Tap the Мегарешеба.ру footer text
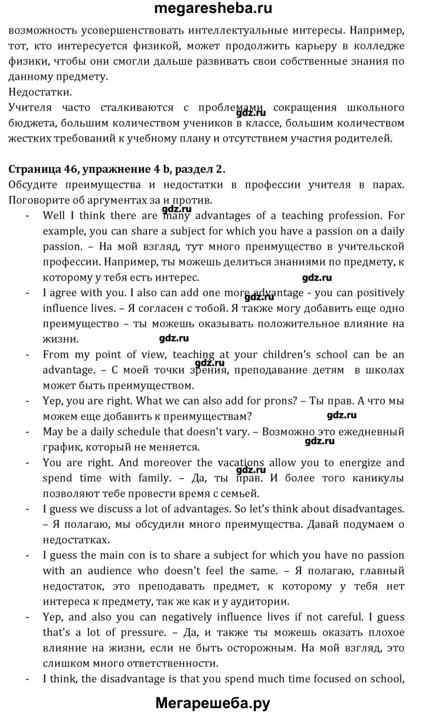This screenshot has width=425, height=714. coord(212,702)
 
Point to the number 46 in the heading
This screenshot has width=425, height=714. coord(71,169)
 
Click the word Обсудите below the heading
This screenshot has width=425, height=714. coord(34,185)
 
